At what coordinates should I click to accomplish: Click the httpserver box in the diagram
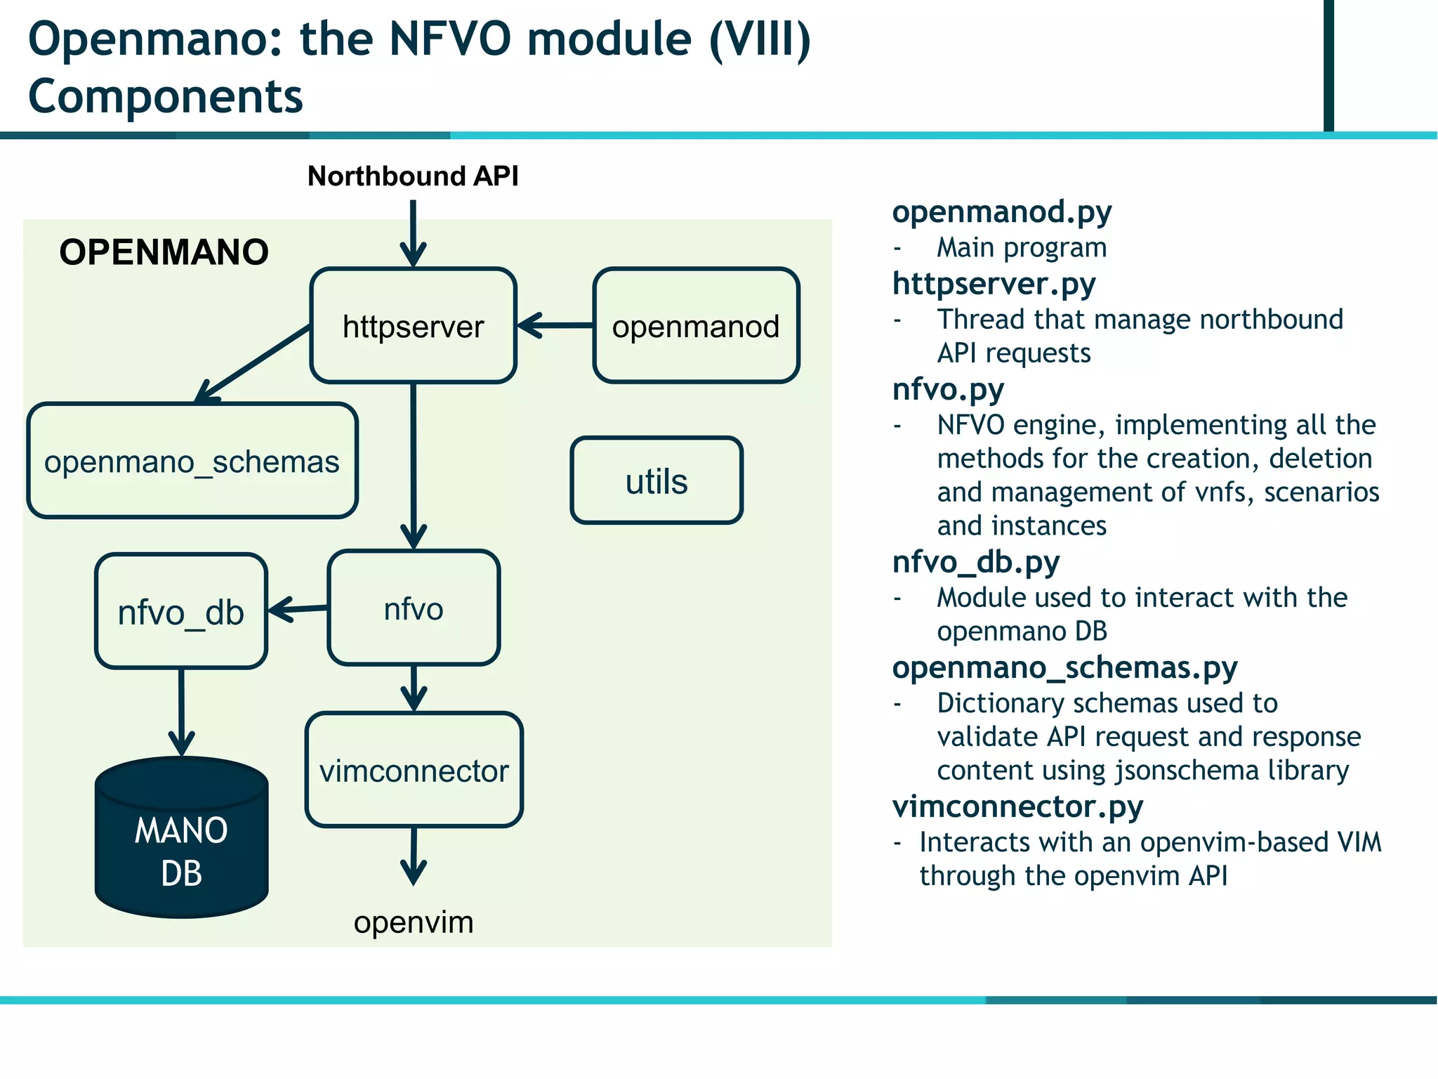pos(413,326)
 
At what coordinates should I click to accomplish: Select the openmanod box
pos(696,326)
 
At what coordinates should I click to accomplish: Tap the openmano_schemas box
pos(192,462)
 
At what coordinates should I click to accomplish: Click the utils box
pos(657,481)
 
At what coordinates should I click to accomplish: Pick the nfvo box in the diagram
pos(414,608)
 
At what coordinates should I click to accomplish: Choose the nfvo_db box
pos(181,612)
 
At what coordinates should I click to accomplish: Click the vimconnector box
pos(414,771)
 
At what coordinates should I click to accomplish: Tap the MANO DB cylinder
pos(181,843)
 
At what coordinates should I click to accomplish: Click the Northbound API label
pos(413,176)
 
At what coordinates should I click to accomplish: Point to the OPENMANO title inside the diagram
pos(164,251)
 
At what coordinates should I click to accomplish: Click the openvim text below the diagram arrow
pos(414,922)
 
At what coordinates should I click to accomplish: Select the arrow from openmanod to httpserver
pos(555,325)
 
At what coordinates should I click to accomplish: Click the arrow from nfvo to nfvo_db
pos(298,609)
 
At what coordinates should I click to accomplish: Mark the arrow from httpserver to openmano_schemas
pos(253,363)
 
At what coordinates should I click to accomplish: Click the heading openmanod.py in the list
pos(1001,211)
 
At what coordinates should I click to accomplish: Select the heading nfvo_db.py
pos(975,561)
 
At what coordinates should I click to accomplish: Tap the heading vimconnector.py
pos(1017,806)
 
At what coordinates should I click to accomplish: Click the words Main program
pos(1021,247)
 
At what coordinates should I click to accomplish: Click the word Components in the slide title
pos(166,96)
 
